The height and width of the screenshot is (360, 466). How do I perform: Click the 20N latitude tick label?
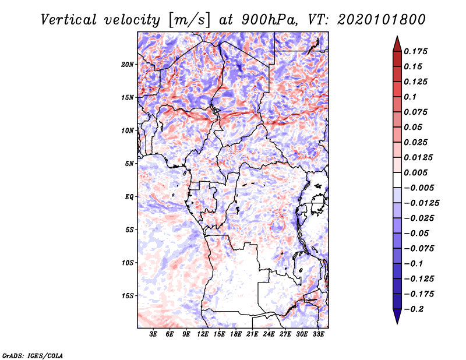pyautogui.click(x=128, y=64)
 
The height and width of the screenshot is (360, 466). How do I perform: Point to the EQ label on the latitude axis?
pyautogui.click(x=129, y=197)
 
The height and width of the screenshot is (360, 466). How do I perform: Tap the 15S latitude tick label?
pyautogui.click(x=128, y=296)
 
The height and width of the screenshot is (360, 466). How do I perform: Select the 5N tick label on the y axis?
pyautogui.click(x=129, y=164)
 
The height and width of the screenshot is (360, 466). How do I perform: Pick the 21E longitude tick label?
pyautogui.click(x=252, y=334)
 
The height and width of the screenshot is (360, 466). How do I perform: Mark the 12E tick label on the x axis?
pyautogui.click(x=203, y=334)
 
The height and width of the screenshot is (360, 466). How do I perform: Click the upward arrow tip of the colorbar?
pyautogui.click(x=397, y=38)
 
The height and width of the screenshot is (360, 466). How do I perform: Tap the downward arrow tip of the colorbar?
pyautogui.click(x=397, y=322)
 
